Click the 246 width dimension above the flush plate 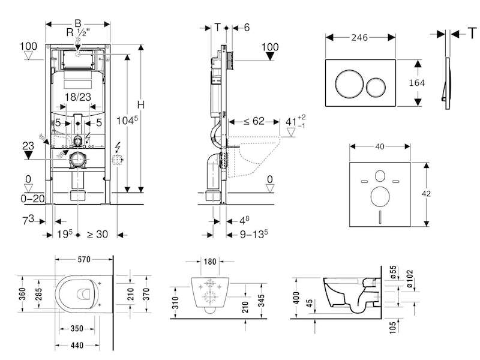[359, 38]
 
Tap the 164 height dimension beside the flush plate [417, 83]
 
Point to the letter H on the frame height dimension [140, 105]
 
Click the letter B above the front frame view [78, 23]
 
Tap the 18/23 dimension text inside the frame [78, 97]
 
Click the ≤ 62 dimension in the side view [254, 121]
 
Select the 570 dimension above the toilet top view [84, 260]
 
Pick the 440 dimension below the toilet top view [77, 346]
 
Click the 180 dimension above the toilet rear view [210, 262]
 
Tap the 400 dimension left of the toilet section [296, 298]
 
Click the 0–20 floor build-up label [32, 199]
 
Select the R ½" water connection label [78, 32]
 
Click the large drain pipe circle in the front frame [79, 159]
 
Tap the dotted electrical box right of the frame [117, 160]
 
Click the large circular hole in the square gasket [380, 197]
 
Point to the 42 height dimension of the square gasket [426, 194]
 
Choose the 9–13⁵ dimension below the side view [254, 234]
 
